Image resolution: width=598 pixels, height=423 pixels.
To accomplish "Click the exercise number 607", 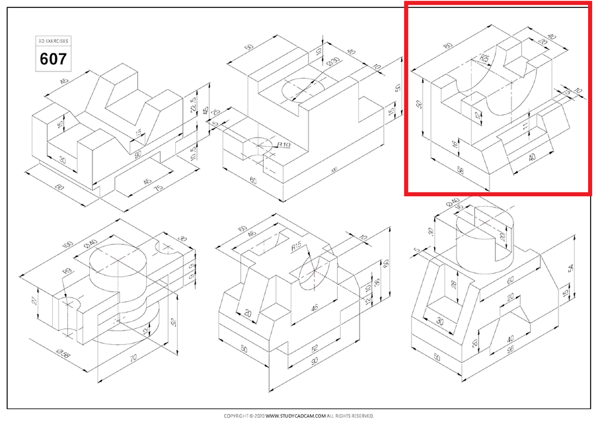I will pos(53,59).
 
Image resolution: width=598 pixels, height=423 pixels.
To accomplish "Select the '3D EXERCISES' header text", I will pos(53,41).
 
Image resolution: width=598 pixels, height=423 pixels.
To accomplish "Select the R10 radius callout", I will pos(285,143).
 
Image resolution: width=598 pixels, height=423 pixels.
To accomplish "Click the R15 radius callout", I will pos(297,248).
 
